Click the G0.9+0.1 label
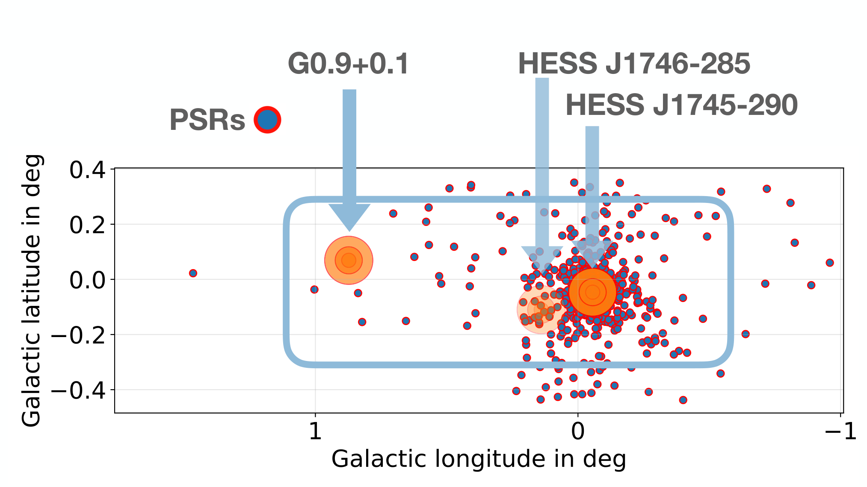coord(349,64)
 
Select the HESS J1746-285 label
coord(634,64)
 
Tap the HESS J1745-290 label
coord(682,105)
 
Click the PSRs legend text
coord(207,120)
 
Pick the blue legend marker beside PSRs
coord(267,120)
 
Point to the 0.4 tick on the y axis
coord(87,170)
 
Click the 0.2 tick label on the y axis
coord(87,225)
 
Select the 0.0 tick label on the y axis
coord(87,280)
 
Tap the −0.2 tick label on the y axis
coord(78,335)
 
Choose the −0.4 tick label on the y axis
coord(78,390)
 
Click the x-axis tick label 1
coord(315,431)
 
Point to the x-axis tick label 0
coord(578,431)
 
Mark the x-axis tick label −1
coord(840,431)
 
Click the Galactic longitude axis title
coord(479,460)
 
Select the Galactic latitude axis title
coord(32,290)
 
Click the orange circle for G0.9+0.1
coord(349,260)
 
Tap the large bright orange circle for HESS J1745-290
coord(592,292)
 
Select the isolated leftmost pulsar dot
coord(193,273)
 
